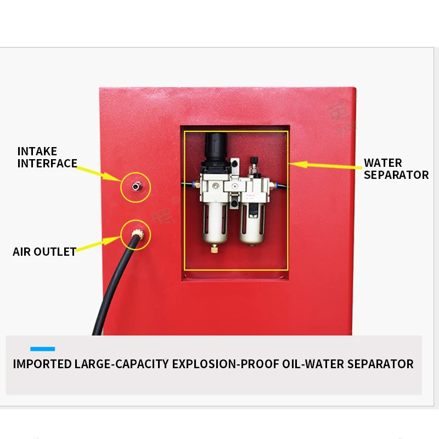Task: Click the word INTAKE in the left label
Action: point(37,151)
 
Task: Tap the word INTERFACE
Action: point(47,164)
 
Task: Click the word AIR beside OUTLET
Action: point(22,252)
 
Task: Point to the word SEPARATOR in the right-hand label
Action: point(396,175)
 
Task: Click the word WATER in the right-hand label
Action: point(383,163)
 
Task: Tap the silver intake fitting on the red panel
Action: point(134,186)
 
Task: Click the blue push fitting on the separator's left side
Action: point(189,186)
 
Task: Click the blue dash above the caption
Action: point(42,349)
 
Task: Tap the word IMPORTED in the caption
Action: point(42,364)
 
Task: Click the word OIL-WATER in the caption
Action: point(318,364)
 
